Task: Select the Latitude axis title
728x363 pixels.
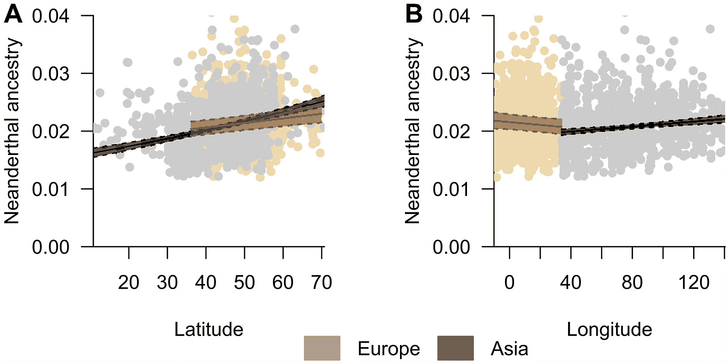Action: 209,329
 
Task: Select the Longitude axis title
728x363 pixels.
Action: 609,329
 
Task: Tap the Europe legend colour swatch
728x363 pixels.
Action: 322,348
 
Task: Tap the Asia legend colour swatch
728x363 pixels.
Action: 455,348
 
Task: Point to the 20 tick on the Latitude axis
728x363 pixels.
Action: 128,282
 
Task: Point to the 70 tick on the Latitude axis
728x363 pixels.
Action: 321,282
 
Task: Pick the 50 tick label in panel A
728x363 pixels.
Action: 244,282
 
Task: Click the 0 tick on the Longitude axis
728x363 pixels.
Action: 509,282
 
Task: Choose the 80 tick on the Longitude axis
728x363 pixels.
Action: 632,282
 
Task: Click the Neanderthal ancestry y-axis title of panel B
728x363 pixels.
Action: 412,131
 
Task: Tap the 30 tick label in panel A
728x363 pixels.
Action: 167,282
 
